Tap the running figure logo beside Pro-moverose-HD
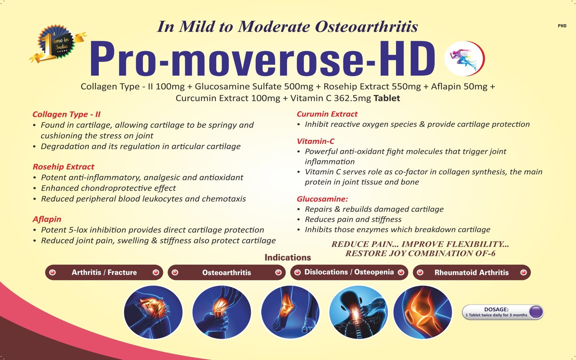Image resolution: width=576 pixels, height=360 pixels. point(464,58)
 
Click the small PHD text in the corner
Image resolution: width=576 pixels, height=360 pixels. point(562,26)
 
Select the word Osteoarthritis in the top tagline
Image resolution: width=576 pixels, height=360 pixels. point(366,27)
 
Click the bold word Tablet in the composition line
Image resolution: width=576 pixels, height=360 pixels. point(387,98)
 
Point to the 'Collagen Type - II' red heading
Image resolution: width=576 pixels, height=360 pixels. point(66,114)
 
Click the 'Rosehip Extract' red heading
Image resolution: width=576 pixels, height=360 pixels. point(63,167)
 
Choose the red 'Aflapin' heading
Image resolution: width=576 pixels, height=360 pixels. point(47,219)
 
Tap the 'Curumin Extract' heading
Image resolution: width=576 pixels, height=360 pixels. point(327,114)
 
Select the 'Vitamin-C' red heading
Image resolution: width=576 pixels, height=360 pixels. point(315,141)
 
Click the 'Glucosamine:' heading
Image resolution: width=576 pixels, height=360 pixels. point(322,199)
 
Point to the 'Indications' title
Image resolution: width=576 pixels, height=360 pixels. point(288,257)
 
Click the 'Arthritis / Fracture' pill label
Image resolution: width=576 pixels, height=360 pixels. point(104,272)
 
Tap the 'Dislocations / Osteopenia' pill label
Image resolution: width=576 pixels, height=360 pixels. point(349,272)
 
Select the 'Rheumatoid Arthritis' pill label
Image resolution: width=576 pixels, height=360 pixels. point(472,273)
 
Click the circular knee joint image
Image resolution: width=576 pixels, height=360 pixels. point(423,312)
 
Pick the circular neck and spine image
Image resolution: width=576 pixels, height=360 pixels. point(358,312)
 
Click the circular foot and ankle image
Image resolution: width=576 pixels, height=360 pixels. point(290,312)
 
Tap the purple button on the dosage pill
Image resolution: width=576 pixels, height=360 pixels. point(536,312)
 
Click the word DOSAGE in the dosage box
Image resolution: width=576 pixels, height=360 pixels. point(496,309)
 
